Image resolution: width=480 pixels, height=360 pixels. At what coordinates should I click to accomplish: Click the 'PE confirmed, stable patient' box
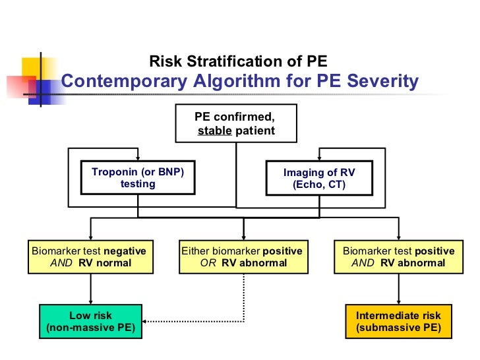pyautogui.click(x=235, y=124)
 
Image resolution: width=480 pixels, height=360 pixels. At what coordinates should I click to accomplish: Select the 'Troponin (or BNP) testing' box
pyautogui.click(x=137, y=178)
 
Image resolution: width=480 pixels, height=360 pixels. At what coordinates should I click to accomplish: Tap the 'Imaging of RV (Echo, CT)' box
pyautogui.click(x=319, y=179)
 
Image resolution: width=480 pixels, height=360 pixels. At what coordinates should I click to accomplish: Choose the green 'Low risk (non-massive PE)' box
pyautogui.click(x=91, y=321)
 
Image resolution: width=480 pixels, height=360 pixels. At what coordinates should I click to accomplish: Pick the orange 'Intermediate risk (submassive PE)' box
pyautogui.click(x=398, y=321)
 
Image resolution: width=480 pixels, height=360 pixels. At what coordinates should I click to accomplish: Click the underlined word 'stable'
pyautogui.click(x=215, y=131)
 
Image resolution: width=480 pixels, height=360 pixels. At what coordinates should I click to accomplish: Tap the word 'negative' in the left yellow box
pyautogui.click(x=125, y=251)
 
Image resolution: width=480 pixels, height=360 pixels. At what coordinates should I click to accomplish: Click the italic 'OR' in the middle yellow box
pyautogui.click(x=208, y=262)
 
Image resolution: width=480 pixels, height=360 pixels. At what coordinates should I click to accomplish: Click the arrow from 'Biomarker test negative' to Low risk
pyautogui.click(x=90, y=289)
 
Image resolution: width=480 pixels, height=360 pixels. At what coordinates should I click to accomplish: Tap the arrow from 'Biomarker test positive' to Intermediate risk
pyautogui.click(x=398, y=289)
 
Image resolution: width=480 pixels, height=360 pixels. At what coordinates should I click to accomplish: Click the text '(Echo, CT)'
pyautogui.click(x=319, y=185)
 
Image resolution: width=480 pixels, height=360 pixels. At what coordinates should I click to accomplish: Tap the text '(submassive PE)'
pyautogui.click(x=398, y=328)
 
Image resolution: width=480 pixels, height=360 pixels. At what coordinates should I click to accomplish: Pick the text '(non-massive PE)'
pyautogui.click(x=91, y=328)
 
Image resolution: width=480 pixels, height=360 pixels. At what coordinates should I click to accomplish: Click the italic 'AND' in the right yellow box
pyautogui.click(x=363, y=262)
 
